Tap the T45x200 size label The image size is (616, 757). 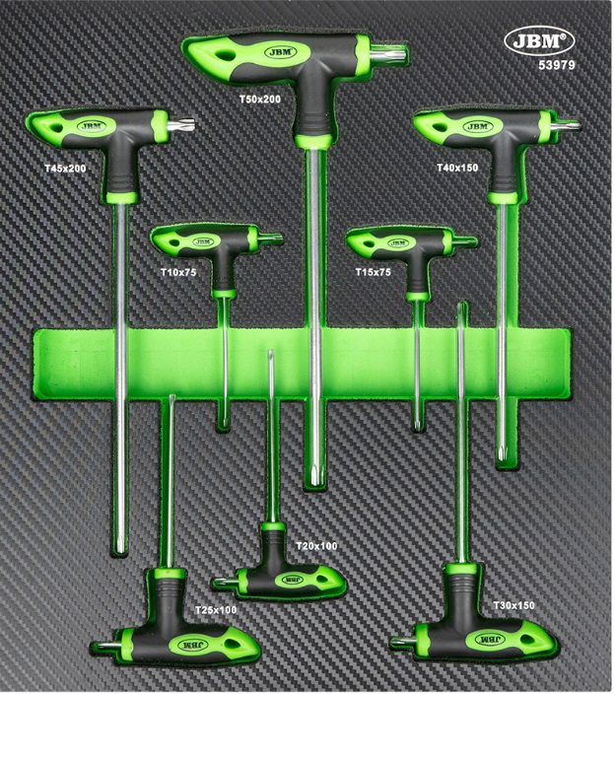point(65,169)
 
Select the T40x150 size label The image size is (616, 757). point(457,169)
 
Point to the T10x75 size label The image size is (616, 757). point(177,270)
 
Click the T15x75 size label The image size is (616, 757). point(373,270)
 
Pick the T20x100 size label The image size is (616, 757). point(316,545)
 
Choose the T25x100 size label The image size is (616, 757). point(215,610)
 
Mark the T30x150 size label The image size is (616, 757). point(513,605)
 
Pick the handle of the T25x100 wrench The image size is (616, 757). point(187,643)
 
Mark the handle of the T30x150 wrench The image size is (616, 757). point(480,638)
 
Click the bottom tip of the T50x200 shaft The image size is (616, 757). point(313,483)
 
